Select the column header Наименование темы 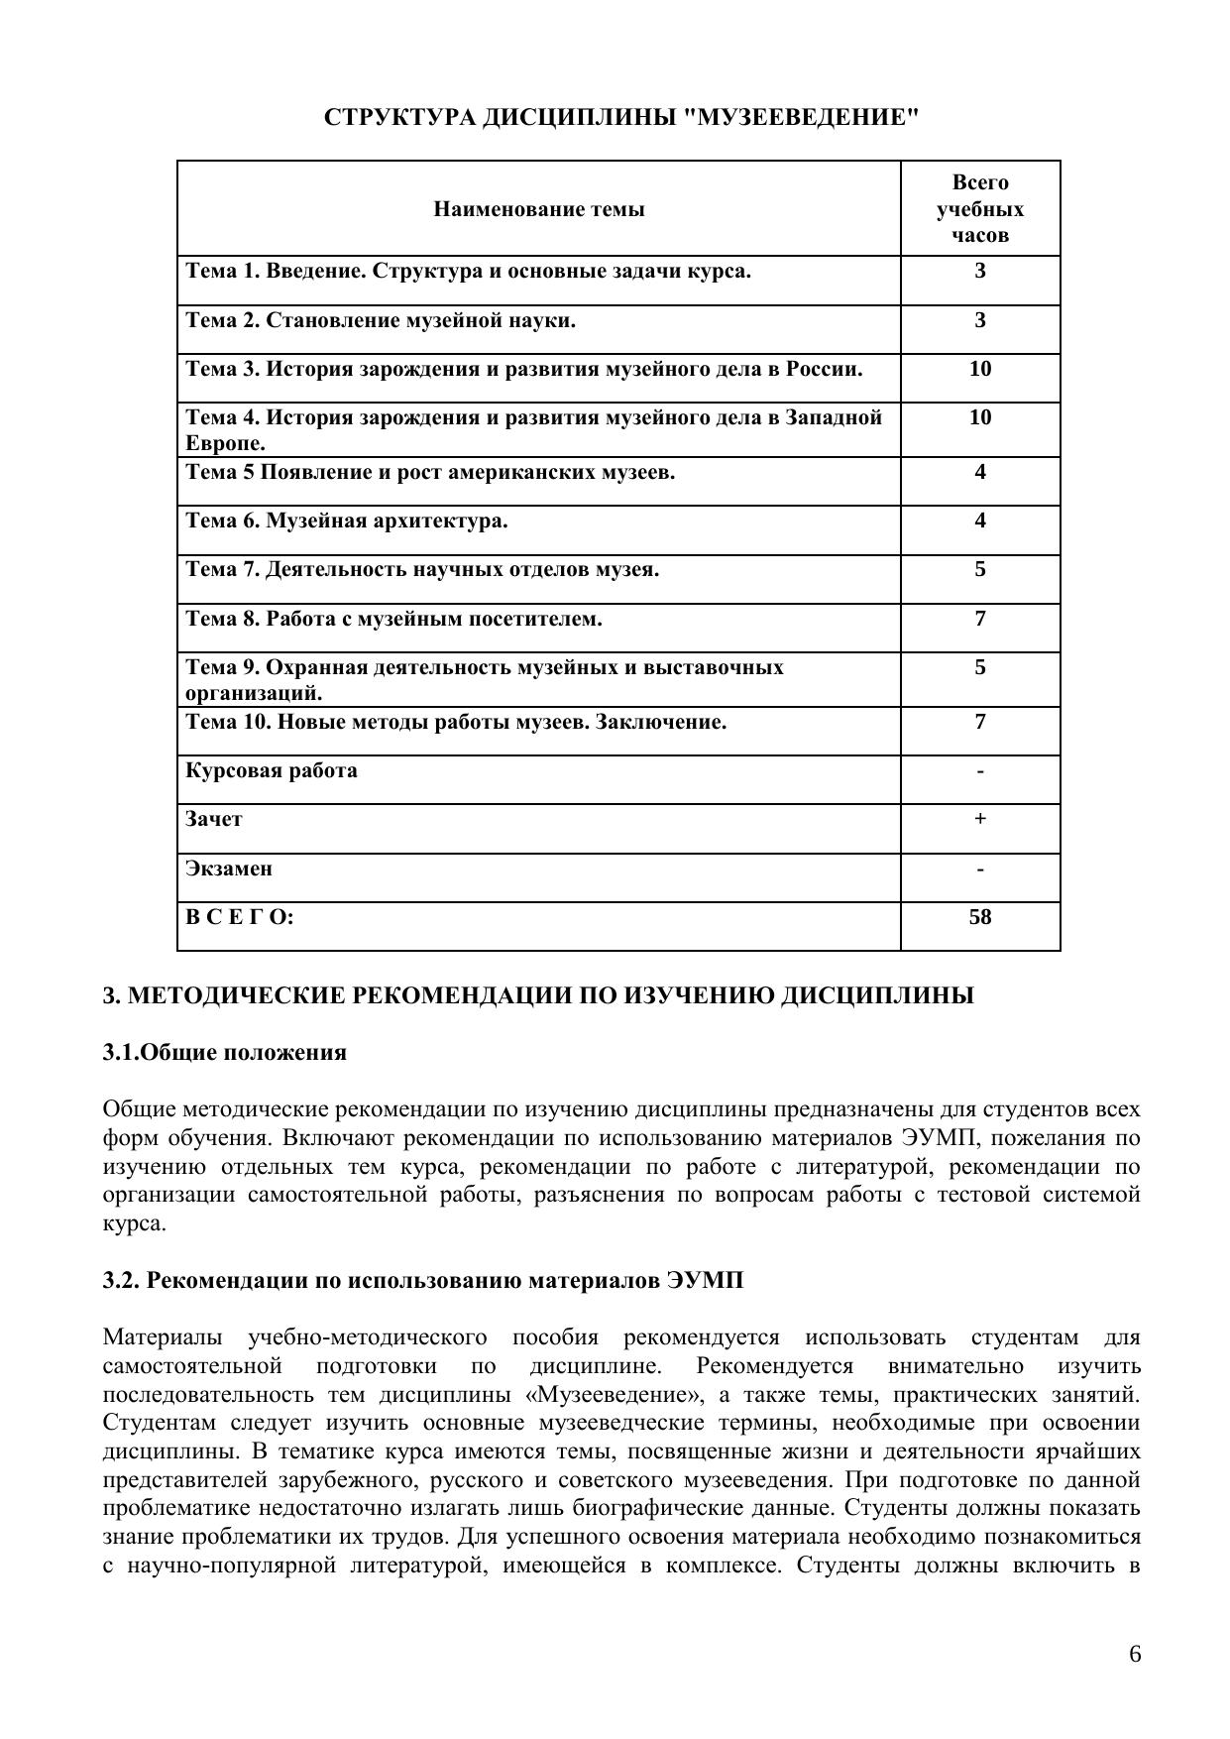539,209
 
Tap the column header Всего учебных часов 980,209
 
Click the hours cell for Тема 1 980,271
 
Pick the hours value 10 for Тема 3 980,369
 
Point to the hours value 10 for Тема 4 980,417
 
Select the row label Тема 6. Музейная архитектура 347,521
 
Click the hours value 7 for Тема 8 980,619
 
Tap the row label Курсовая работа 272,770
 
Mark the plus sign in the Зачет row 980,819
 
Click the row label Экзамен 229,869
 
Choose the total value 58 980,917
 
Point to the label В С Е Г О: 240,917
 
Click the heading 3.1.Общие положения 225,1052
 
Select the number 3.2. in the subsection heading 122,1280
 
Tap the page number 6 1135,1654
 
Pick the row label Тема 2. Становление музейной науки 381,320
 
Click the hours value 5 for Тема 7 980,569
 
